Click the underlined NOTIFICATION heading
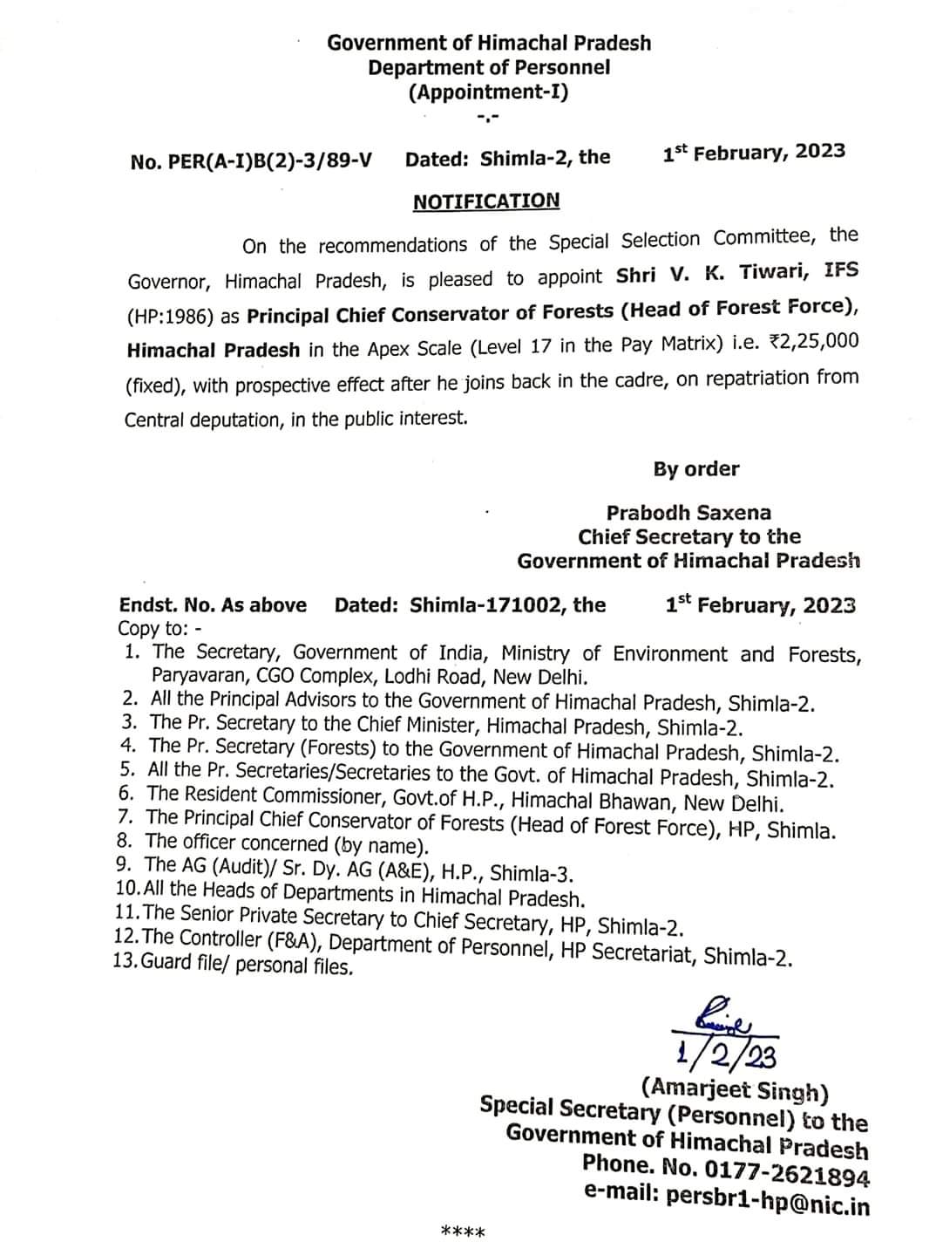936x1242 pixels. [x=486, y=201]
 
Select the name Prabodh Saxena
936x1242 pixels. [x=688, y=513]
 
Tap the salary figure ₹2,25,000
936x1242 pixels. [x=814, y=342]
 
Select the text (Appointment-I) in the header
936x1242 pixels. [x=488, y=92]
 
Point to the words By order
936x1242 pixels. [x=695, y=469]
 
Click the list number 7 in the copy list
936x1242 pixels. [x=126, y=817]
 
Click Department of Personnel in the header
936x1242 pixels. [x=488, y=67]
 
